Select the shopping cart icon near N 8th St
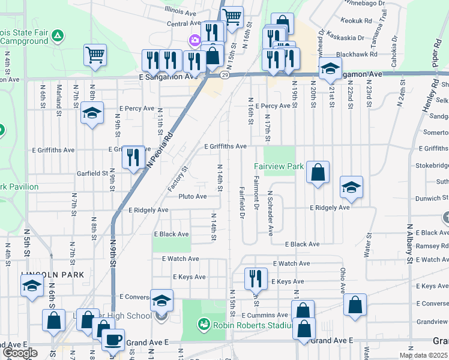point(95,55)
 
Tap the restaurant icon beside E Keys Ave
point(256,278)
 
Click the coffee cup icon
point(113,340)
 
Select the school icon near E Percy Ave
point(92,112)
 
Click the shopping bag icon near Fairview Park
point(318,172)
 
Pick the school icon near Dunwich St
point(351,187)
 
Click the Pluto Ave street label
point(193,196)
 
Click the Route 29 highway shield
point(224,75)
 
